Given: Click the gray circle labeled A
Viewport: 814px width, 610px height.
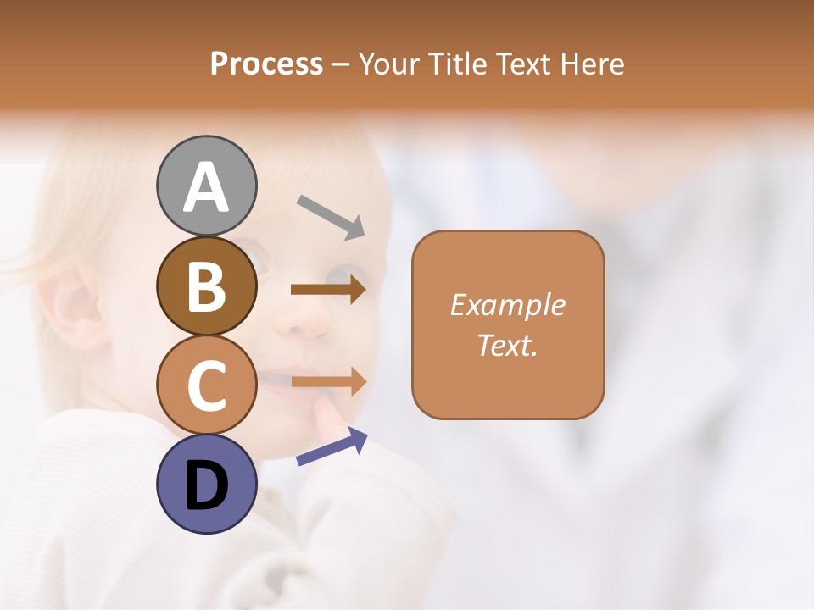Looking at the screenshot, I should [x=207, y=186].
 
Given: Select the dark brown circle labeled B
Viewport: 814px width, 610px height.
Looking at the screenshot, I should [x=207, y=286].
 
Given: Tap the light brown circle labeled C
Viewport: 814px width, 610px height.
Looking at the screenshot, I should [x=207, y=385].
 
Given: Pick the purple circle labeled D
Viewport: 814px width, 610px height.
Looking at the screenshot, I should [x=207, y=484].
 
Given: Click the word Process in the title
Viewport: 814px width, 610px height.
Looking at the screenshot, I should [x=266, y=64].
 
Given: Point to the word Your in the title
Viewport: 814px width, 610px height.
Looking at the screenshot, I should [x=390, y=64].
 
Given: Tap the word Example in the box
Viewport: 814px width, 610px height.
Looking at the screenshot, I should [x=507, y=305].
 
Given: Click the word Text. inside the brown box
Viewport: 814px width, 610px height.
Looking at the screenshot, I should [x=507, y=345].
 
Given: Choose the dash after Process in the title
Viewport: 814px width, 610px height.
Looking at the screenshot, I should [x=341, y=65].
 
